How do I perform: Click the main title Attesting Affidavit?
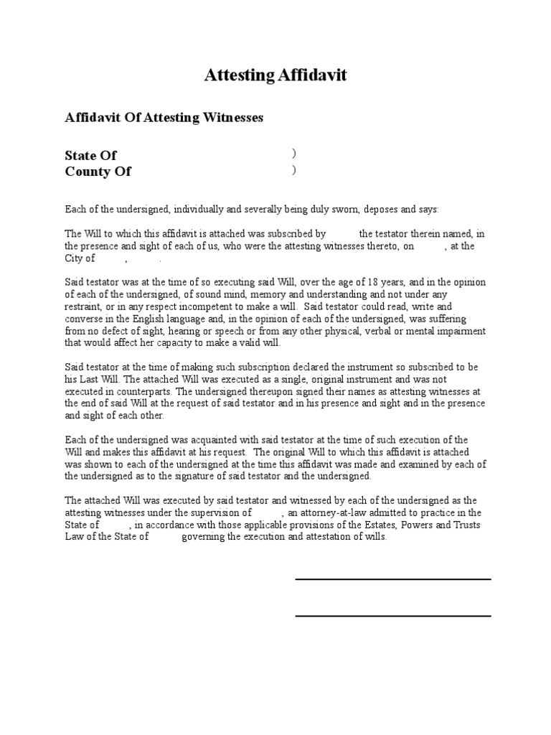tap(275, 75)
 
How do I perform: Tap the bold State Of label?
tap(90, 156)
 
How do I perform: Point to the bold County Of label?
tap(98, 172)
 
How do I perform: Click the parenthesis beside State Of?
tap(293, 154)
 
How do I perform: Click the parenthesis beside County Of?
tap(293, 170)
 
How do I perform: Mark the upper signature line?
tap(392, 579)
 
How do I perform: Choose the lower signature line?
tap(392, 615)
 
